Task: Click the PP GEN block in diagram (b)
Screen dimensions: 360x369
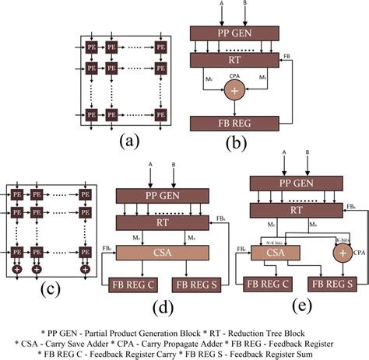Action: pyautogui.click(x=232, y=33)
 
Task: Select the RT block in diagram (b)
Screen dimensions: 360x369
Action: pyautogui.click(x=232, y=61)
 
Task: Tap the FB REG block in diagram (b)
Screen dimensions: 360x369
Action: pyautogui.click(x=232, y=123)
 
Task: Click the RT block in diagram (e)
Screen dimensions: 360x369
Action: pyautogui.click(x=298, y=209)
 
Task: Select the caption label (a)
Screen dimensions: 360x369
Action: pyautogui.click(x=129, y=142)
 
